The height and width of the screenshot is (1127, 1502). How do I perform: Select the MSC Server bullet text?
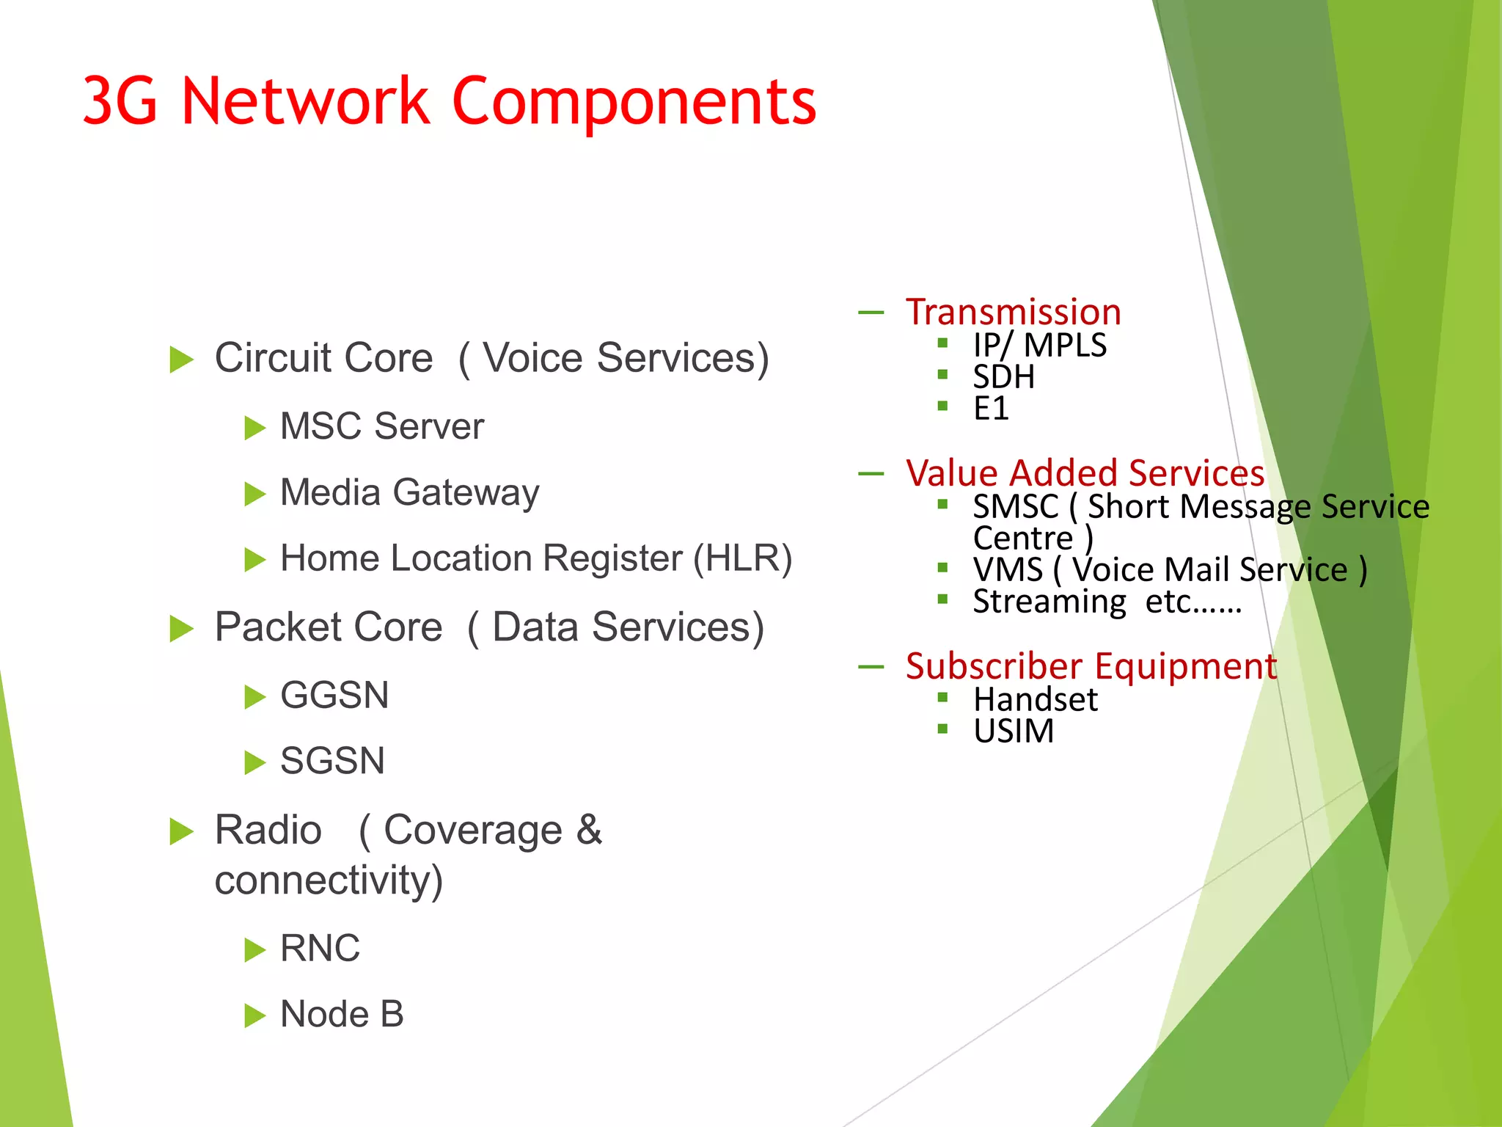click(x=381, y=426)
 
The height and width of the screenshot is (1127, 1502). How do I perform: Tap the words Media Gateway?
click(x=409, y=492)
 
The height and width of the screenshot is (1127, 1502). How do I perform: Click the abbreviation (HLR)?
click(x=742, y=558)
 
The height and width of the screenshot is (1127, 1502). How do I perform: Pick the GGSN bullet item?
click(x=334, y=695)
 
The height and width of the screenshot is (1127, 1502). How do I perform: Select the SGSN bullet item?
click(x=332, y=761)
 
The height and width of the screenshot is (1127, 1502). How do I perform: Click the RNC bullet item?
click(x=320, y=948)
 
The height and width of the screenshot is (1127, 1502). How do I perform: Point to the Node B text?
click(x=342, y=1014)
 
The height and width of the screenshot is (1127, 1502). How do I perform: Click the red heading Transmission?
click(x=1013, y=313)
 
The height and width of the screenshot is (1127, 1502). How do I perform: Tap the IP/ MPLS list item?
click(x=1039, y=345)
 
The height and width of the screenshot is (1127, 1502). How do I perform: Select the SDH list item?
click(x=1003, y=377)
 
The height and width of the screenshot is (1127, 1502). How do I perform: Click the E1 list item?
click(x=991, y=409)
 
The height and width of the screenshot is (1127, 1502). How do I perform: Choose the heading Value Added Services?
click(x=1085, y=473)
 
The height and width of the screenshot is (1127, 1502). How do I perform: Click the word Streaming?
click(x=1049, y=602)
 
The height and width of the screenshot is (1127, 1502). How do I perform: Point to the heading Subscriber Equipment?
click(x=1091, y=666)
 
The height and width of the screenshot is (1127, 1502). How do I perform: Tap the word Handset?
click(x=1035, y=699)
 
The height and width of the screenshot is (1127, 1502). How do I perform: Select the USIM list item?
click(x=1013, y=731)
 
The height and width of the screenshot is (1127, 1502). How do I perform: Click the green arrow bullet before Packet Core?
click(x=181, y=629)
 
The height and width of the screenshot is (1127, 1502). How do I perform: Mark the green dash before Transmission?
click(x=871, y=313)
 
